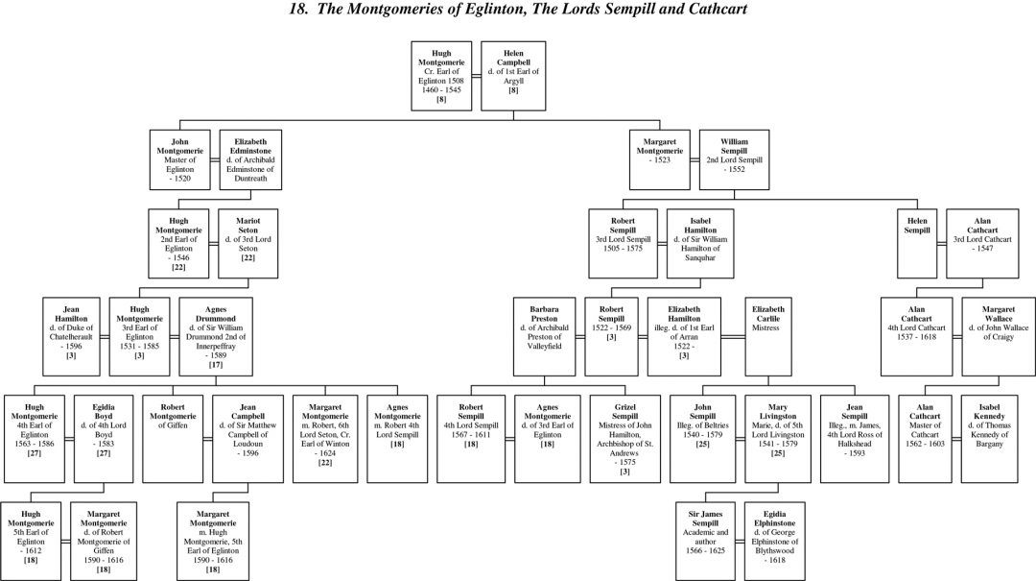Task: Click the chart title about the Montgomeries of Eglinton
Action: [517, 10]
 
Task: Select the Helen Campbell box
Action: [513, 74]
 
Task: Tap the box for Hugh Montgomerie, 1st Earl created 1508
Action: [441, 74]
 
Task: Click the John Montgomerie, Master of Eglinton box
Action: [181, 157]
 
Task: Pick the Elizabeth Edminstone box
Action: [250, 157]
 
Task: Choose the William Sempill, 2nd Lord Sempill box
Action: [734, 157]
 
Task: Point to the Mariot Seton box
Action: [248, 242]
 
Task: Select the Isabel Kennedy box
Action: [999, 437]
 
